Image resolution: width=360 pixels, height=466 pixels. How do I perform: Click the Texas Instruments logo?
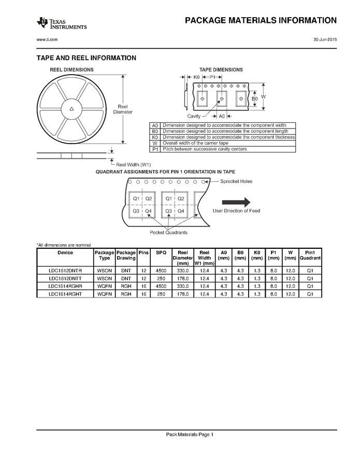click(61, 23)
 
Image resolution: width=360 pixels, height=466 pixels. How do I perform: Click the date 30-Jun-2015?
click(325, 40)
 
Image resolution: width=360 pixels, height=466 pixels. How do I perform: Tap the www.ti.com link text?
click(47, 40)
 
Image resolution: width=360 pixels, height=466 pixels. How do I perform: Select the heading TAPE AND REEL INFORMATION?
click(86, 58)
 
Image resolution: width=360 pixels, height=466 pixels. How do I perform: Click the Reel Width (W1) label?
click(133, 164)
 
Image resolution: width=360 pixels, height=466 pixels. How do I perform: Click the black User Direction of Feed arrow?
click(236, 202)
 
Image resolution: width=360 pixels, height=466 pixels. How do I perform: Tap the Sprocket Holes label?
click(236, 182)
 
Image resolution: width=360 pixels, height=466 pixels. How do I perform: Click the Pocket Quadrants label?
click(168, 232)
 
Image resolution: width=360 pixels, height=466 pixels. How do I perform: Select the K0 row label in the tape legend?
click(155, 137)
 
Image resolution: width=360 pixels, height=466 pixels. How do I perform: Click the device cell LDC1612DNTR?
click(65, 271)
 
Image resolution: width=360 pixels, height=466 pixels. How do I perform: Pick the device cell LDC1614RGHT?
click(65, 294)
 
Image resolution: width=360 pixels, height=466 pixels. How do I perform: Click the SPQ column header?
click(161, 252)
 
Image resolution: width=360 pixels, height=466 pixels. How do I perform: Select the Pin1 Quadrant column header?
click(310, 255)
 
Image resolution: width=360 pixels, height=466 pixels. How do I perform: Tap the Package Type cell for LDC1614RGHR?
click(104, 286)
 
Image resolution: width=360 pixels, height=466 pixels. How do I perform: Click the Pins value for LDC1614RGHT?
click(143, 294)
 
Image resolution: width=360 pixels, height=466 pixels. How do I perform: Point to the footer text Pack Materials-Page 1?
click(189, 434)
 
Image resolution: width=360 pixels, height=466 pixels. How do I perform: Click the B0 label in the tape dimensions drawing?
click(254, 98)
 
